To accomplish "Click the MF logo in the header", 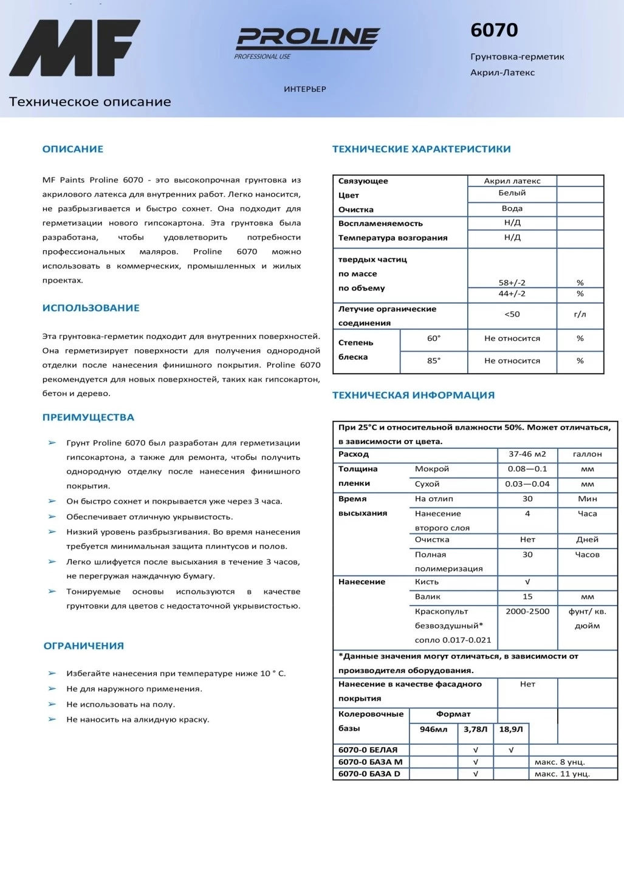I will pos(74,48).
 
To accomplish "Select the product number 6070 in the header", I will pos(494,30).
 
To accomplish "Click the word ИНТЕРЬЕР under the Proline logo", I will pos(304,89).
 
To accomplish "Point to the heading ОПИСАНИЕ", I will pos(72,149).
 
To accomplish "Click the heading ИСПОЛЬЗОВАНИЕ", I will pos(91,308).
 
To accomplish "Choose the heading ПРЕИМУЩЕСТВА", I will pos(88,417).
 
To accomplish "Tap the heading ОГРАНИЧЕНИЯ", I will pos(83,646).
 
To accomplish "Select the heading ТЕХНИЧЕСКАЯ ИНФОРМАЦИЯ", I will pos(413,395).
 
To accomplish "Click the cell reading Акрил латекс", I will pos(512,181).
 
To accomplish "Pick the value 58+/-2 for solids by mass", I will pos(512,282).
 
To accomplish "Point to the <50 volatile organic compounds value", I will pos(512,314).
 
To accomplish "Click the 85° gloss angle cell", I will pos(433,361).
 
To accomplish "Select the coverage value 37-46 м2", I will pos(527,454).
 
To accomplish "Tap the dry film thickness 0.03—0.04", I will pos(527,484).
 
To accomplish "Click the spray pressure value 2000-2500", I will pos(527,612).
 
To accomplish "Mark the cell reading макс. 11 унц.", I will pos(562,774).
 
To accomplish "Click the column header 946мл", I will pos(433,730).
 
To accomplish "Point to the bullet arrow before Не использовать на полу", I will pos(52,705).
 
